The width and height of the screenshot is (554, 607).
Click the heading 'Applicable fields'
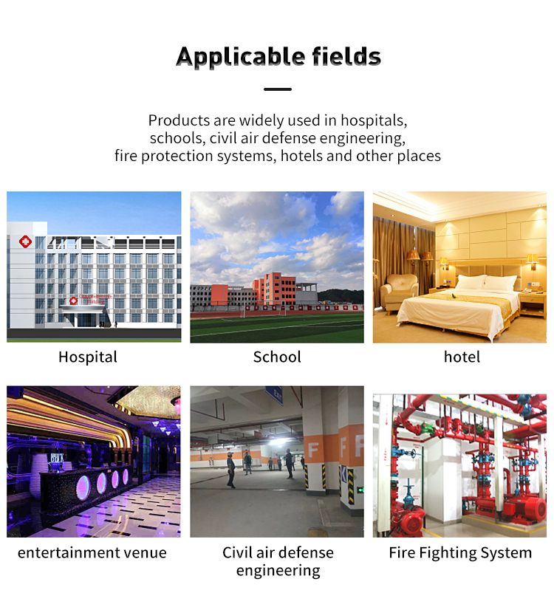[278, 57]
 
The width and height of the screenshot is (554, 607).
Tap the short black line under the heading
[278, 89]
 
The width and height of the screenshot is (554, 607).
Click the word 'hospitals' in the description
[374, 120]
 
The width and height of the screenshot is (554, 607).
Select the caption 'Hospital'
[88, 357]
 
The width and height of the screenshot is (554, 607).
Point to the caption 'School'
[277, 357]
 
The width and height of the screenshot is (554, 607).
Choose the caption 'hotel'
[462, 357]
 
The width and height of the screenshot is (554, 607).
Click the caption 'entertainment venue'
[92, 552]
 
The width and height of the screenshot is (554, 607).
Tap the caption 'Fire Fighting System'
[460, 552]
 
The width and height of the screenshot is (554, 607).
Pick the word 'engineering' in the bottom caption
[278, 571]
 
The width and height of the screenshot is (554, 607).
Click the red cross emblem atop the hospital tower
[26, 242]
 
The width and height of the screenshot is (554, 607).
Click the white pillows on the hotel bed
[486, 282]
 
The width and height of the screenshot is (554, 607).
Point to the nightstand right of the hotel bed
[532, 305]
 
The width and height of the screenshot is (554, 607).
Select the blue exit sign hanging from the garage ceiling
[274, 395]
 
